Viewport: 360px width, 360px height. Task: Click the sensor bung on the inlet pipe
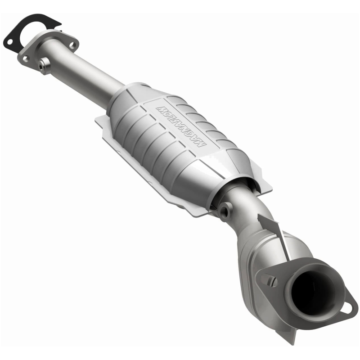[x=44, y=66]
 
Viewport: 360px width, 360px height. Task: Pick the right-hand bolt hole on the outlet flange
[x=348, y=306]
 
